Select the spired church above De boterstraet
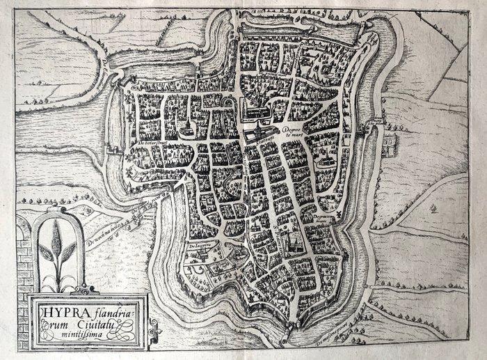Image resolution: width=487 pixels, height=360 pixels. click(x=187, y=130)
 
